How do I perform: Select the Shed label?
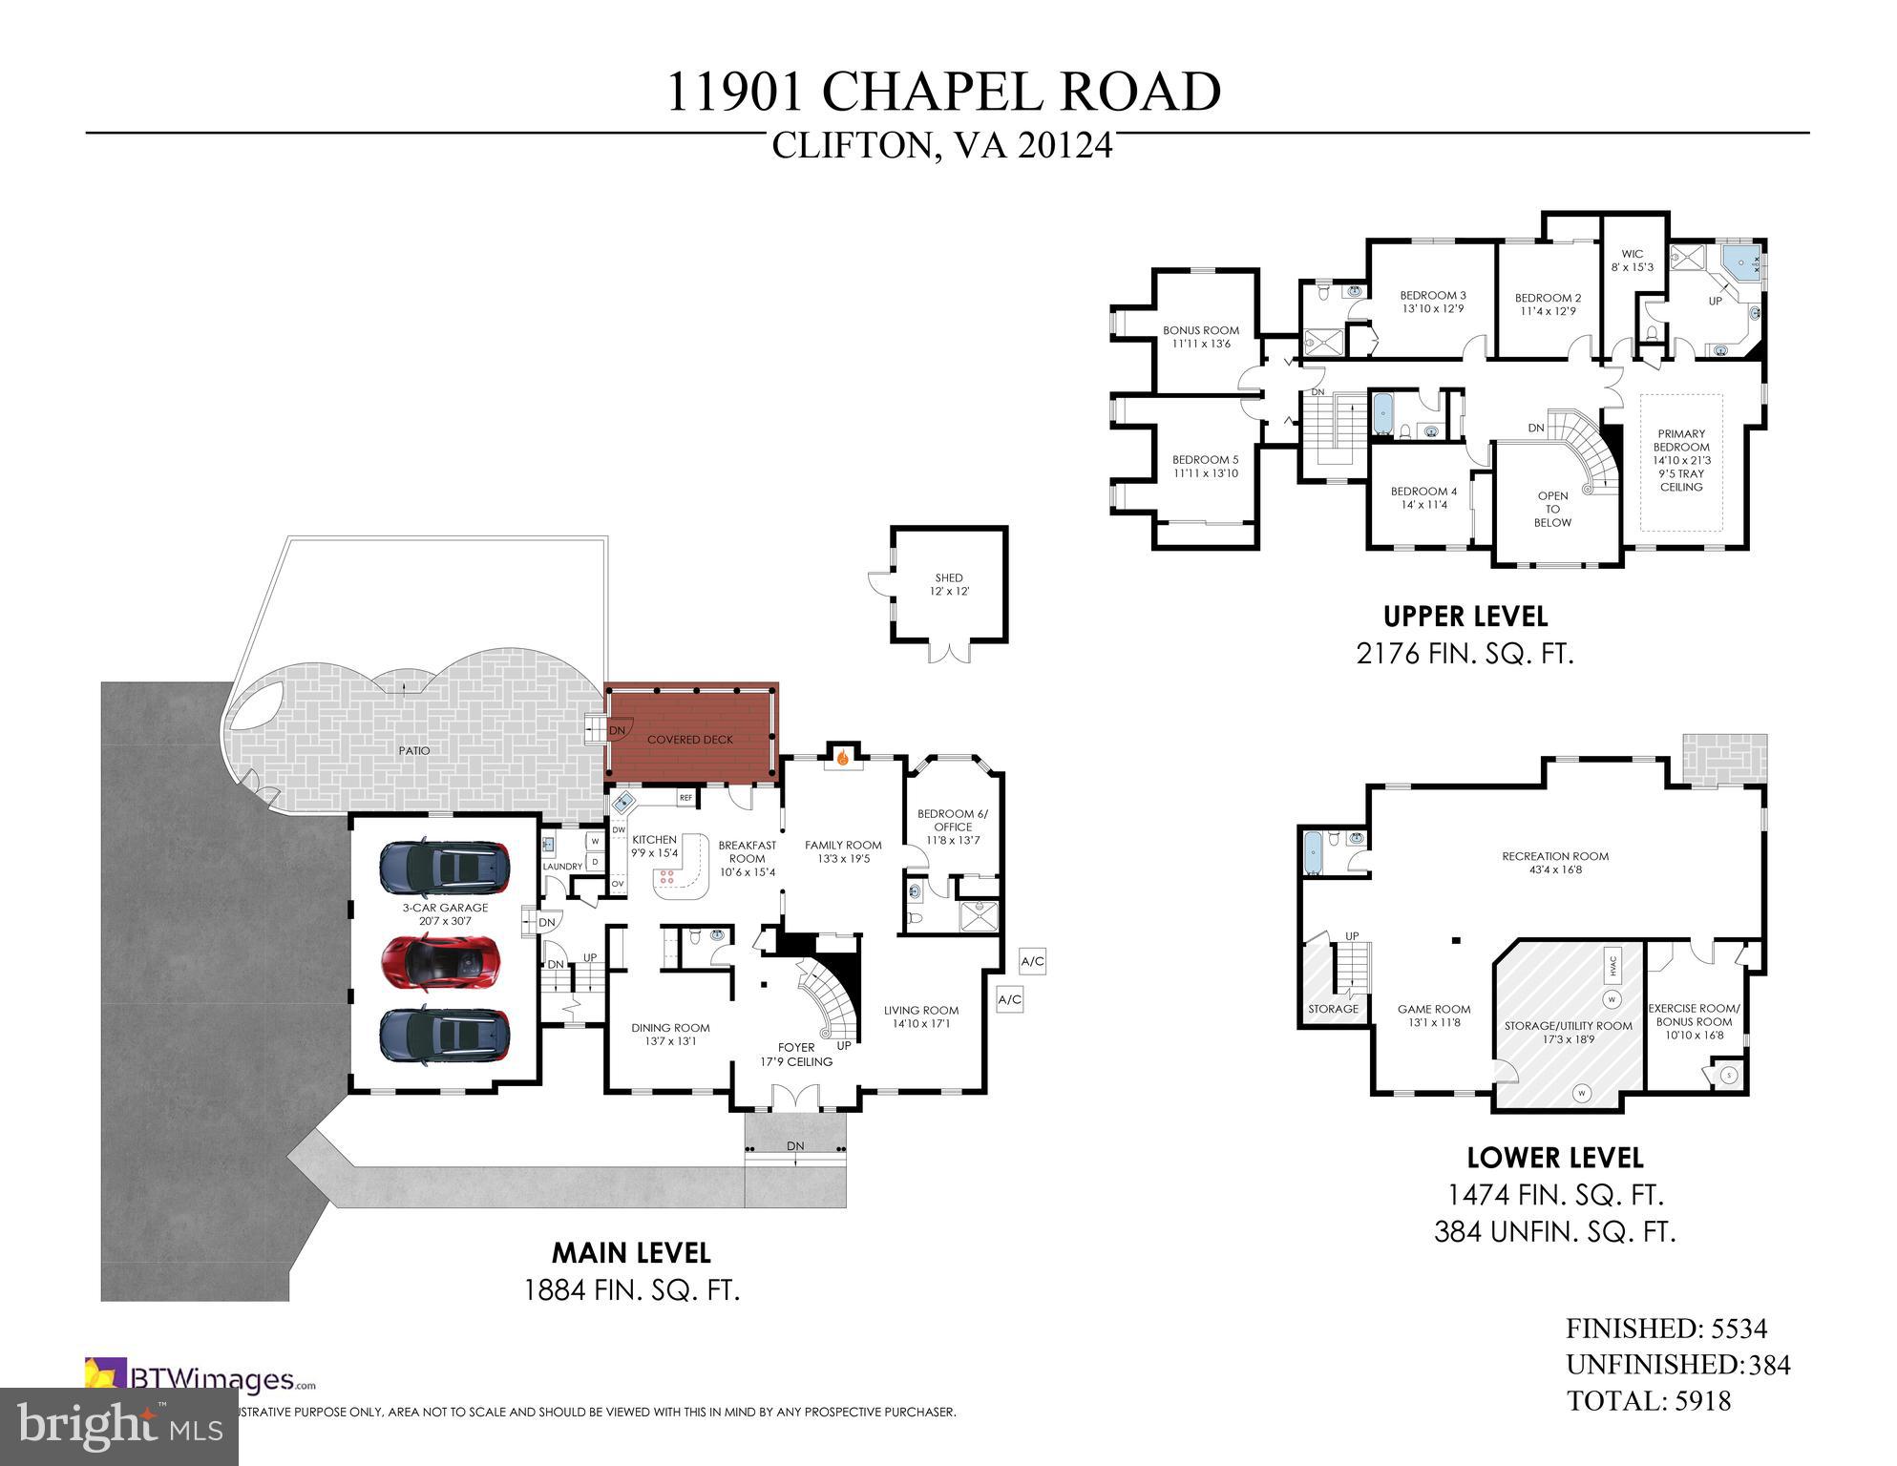click(949, 584)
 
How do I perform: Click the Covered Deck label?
click(689, 740)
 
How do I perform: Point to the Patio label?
click(414, 751)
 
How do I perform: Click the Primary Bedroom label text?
click(1681, 460)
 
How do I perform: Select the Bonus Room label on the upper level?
click(1201, 337)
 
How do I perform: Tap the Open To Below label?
click(1552, 509)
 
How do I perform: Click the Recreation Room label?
click(1555, 863)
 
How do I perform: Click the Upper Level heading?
click(1465, 617)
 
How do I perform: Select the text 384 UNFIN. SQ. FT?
click(1554, 1232)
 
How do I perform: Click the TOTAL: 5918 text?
click(1648, 1400)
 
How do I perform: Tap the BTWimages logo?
click(200, 1379)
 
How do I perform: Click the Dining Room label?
click(670, 1035)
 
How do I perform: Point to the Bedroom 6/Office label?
click(953, 827)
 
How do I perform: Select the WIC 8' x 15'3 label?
click(1633, 261)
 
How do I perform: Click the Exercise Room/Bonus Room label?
click(1694, 1021)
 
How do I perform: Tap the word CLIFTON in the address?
click(851, 146)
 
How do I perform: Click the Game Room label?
click(1434, 1016)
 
